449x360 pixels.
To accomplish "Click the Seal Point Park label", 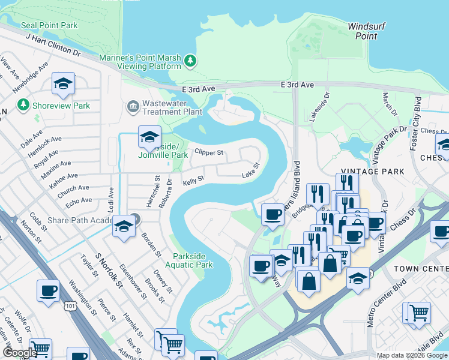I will coord(49,25).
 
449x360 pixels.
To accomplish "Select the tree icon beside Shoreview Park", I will coord(24,106).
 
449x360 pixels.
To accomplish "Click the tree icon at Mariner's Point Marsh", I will coord(190,60).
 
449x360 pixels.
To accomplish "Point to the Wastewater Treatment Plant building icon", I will coord(133,107).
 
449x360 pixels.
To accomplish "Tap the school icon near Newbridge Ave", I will coord(62,85).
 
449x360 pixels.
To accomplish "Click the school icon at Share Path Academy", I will coord(124,227).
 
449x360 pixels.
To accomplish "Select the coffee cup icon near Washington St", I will coord(48,291).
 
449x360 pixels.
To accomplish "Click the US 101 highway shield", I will coord(71,305).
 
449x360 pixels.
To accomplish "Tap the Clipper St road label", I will coord(209,153).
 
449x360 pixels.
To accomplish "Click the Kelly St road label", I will coord(193,179).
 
